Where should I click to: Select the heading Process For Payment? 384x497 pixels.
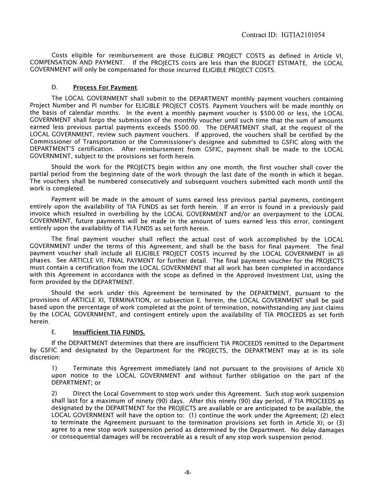pos(105,88)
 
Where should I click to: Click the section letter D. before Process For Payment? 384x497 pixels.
pos(55,88)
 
